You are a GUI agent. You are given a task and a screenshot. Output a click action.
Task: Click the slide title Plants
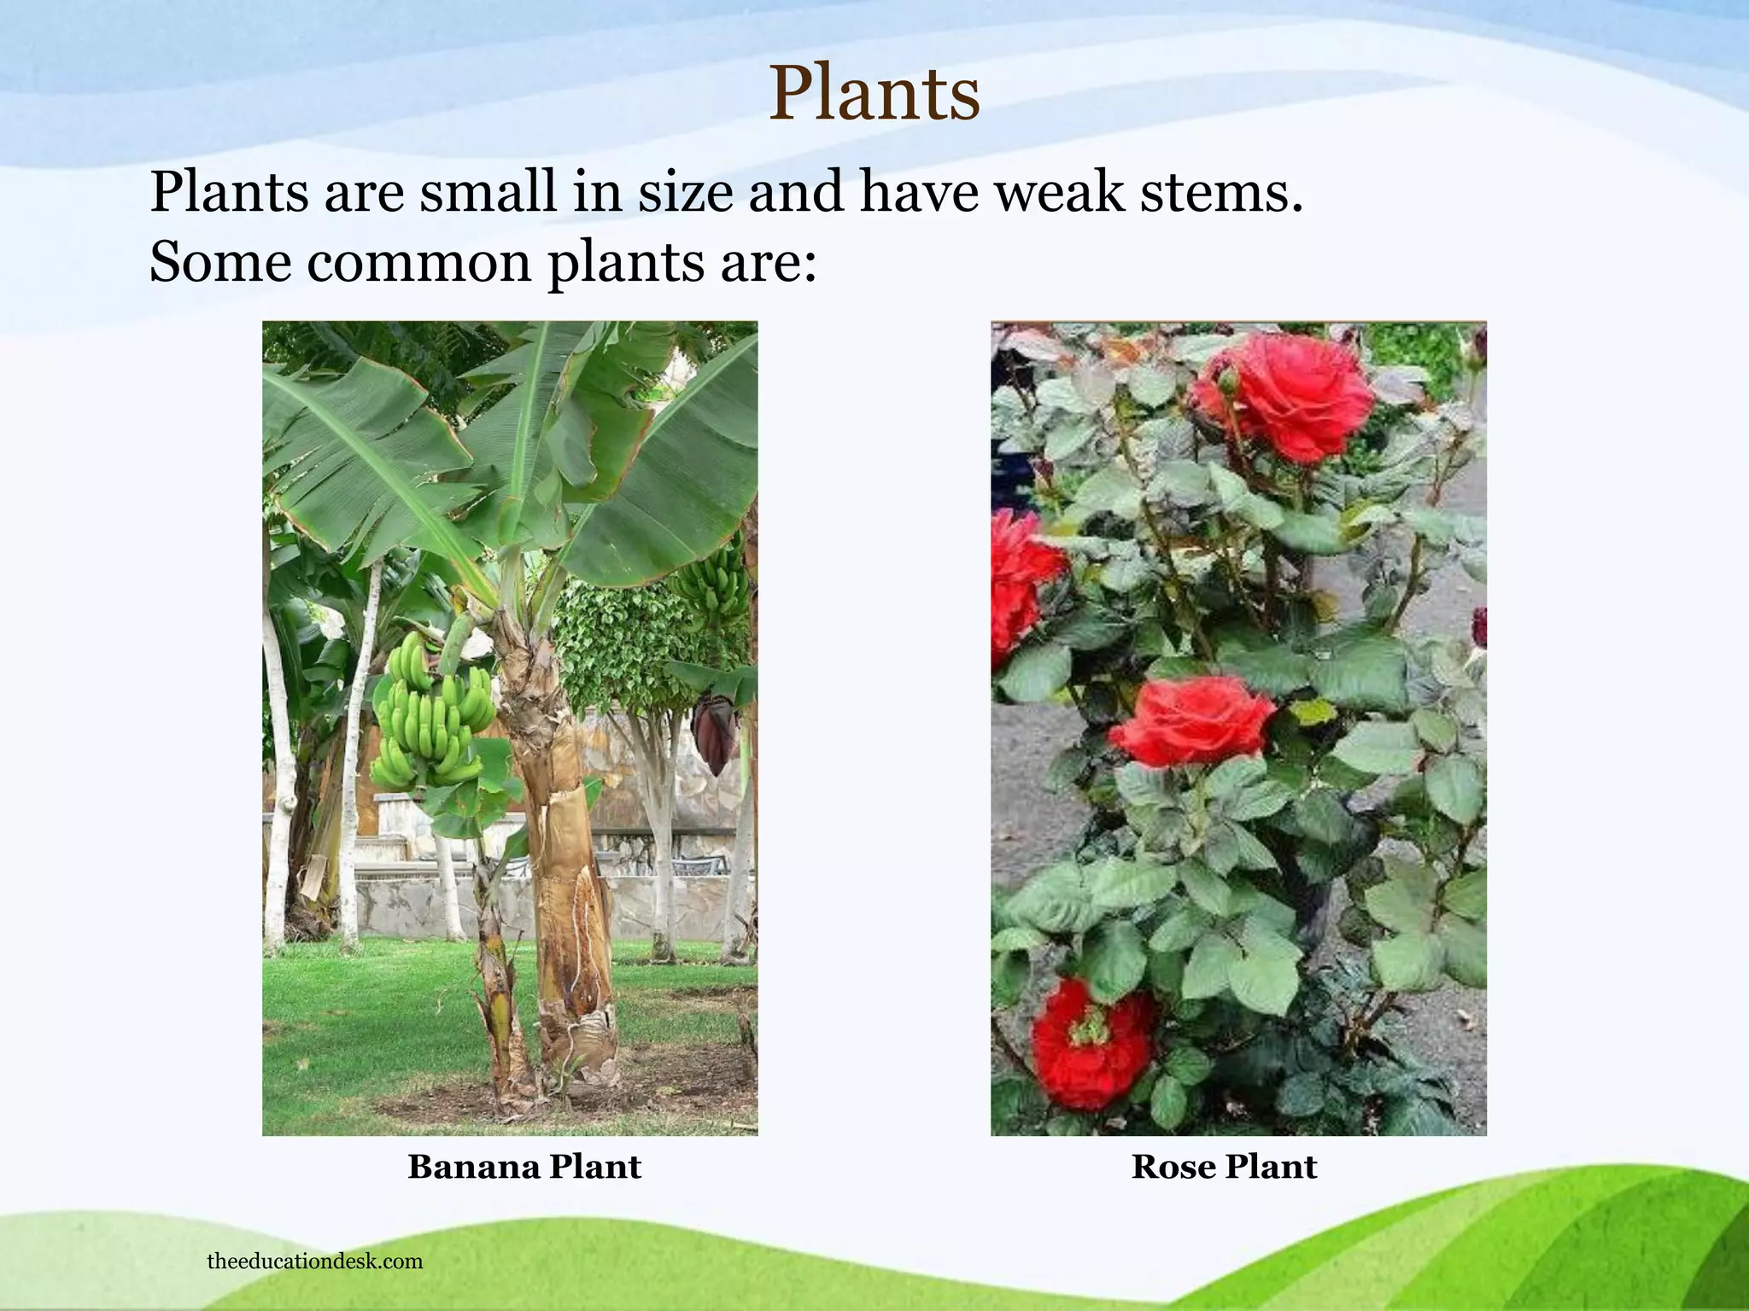tap(874, 94)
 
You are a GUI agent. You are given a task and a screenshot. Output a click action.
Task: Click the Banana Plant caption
tap(524, 1167)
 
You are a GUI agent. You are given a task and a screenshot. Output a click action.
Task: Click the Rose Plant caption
tap(1224, 1167)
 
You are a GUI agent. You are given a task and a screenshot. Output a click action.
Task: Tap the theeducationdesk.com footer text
tap(314, 1261)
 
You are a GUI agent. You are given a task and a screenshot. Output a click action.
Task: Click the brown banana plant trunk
tap(564, 854)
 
